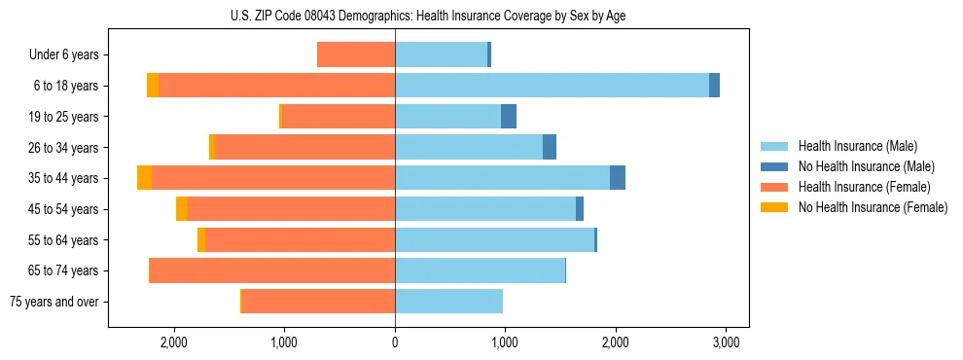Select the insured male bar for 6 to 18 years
click(x=552, y=86)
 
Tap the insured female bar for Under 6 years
click(x=356, y=54)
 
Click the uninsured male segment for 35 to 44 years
click(x=618, y=178)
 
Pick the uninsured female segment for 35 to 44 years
click(x=144, y=178)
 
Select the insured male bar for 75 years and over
click(x=448, y=302)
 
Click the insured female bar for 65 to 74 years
click(x=272, y=270)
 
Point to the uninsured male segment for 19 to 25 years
click(x=509, y=117)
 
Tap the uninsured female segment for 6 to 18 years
click(x=153, y=86)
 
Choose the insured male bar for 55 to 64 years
click(x=494, y=239)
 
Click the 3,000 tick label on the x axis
click(x=726, y=342)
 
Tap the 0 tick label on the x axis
click(x=395, y=342)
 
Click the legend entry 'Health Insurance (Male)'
click(x=858, y=146)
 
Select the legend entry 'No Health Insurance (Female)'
click(x=873, y=207)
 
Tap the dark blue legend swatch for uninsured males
click(x=775, y=166)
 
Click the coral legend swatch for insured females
click(x=775, y=187)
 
